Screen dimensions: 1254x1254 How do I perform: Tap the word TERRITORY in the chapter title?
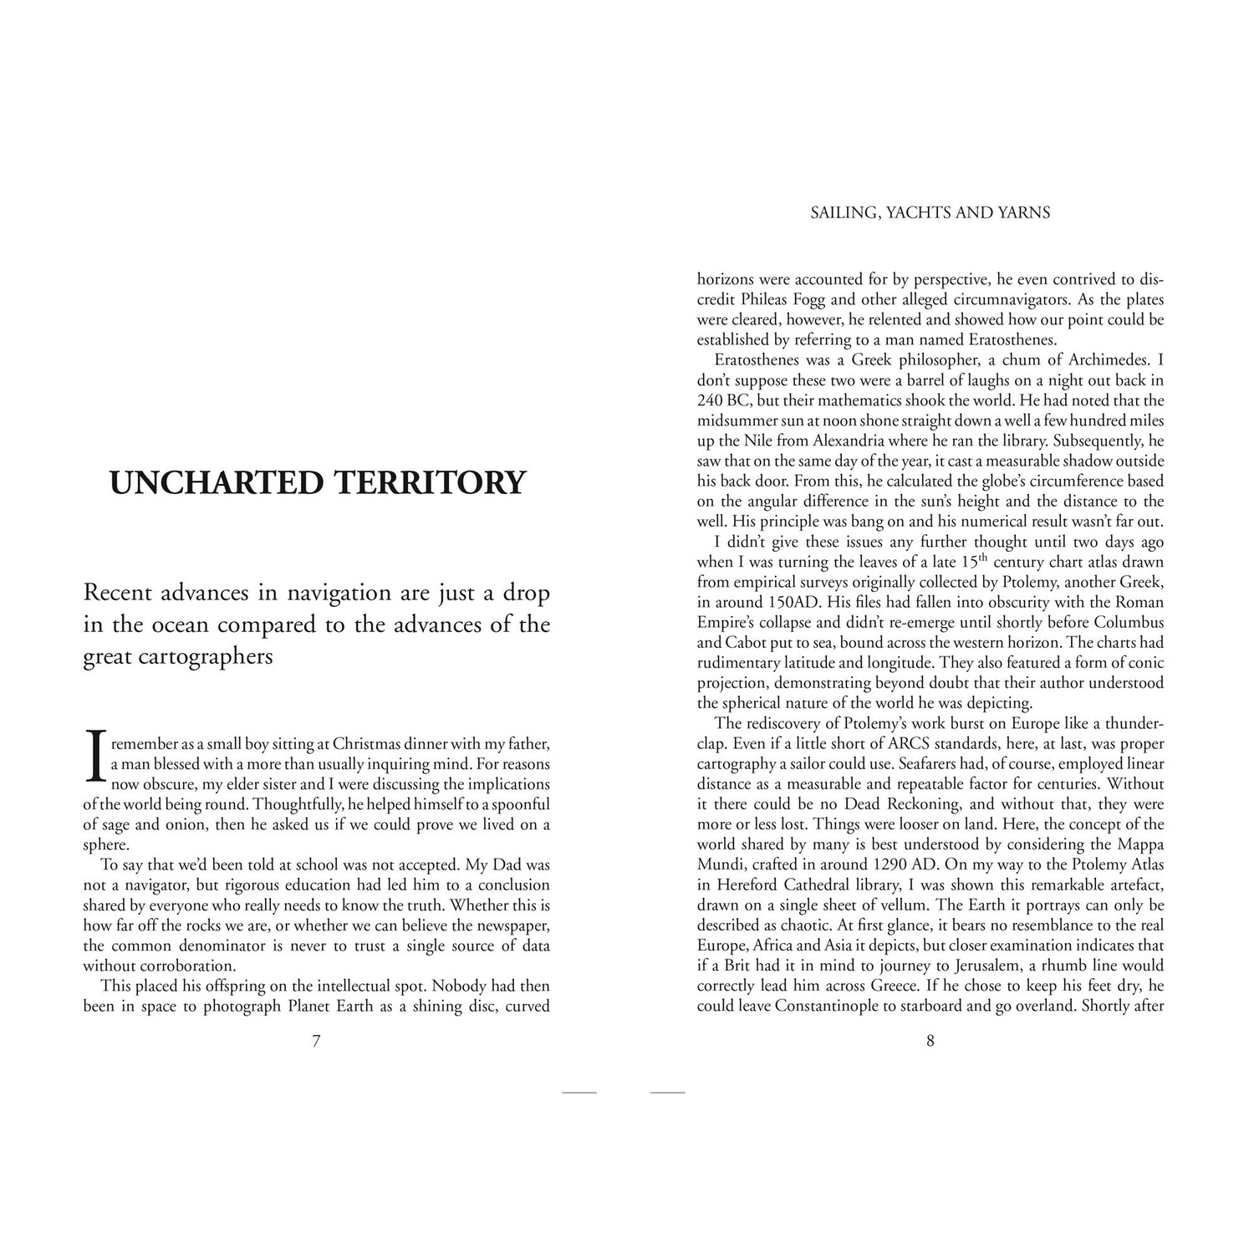click(430, 483)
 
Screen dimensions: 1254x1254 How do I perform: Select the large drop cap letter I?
click(94, 756)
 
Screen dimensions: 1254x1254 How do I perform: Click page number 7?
click(316, 1042)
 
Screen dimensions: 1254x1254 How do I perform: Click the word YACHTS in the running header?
click(924, 213)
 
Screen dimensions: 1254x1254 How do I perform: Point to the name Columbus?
click(1122, 623)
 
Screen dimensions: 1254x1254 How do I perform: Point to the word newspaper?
click(511, 905)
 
